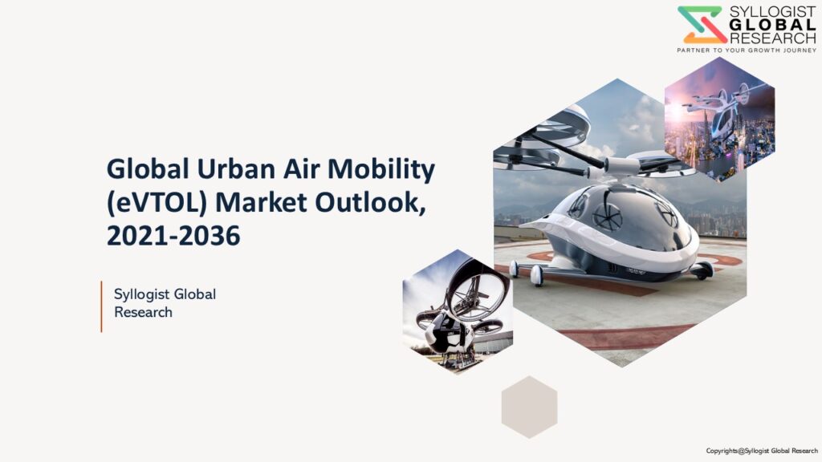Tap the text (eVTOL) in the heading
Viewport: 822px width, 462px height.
157,203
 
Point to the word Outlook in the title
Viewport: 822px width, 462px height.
370,203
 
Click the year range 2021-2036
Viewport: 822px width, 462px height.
173,237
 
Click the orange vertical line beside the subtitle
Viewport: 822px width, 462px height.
101,306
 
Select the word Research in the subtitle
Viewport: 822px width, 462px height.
143,312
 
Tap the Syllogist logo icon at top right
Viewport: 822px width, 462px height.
702,25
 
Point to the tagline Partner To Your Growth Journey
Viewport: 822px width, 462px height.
747,51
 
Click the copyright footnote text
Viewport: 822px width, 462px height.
762,451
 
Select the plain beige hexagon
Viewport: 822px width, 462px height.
529,407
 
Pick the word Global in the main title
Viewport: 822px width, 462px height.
148,169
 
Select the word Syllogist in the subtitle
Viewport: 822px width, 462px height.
141,295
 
